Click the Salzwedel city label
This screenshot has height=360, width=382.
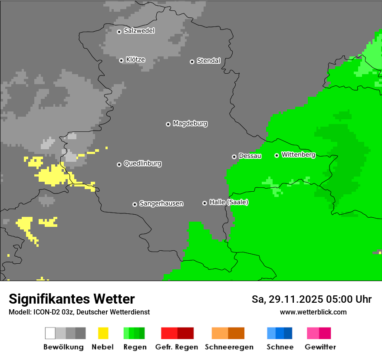tap(139, 31)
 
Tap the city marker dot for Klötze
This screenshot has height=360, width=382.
tap(121, 60)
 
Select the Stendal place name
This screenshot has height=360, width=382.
tap(208, 61)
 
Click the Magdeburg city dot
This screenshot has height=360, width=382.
tap(168, 124)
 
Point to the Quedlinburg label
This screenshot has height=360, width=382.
tap(142, 164)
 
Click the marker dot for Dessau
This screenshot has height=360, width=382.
tap(234, 157)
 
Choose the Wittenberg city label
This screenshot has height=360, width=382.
tap(298, 154)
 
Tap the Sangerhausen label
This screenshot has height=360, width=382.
tap(161, 203)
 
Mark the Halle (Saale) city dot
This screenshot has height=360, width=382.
tap(204, 203)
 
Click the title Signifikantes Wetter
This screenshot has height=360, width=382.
tap(72, 299)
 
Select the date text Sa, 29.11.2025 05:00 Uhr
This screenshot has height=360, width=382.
tap(311, 299)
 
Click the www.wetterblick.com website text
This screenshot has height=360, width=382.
tap(313, 312)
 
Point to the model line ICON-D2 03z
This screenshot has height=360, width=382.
tap(79, 312)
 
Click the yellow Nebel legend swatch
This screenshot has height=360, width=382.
tap(103, 333)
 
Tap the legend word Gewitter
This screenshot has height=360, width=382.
tap(320, 347)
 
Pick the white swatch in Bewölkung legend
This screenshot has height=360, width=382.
tap(50, 333)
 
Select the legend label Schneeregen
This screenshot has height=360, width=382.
tap(229, 347)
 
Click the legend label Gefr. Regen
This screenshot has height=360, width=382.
tap(176, 347)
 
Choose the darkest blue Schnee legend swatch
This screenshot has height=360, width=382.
tap(288, 333)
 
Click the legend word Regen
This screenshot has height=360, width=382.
tap(135, 347)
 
